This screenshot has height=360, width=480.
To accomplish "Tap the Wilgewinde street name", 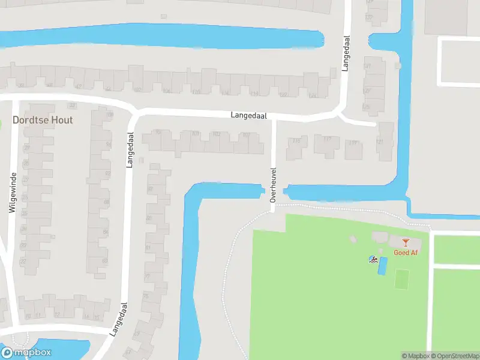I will (11, 193).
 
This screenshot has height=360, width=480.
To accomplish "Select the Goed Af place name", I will (406, 253).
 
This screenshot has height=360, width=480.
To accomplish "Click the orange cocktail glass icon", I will (406, 242).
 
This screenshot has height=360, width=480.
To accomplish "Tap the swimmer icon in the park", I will (374, 260).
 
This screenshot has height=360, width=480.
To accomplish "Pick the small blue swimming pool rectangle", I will (382, 266).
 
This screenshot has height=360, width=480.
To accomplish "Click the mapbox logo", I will (26, 353).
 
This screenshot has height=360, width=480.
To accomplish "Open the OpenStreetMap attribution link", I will (455, 356).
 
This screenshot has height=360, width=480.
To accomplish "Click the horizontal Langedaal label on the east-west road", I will (249, 115).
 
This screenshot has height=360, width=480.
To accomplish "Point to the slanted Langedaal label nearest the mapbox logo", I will (118, 319).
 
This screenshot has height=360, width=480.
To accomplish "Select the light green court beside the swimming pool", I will (402, 278).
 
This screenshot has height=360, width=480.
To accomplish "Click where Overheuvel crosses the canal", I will (273, 193).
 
